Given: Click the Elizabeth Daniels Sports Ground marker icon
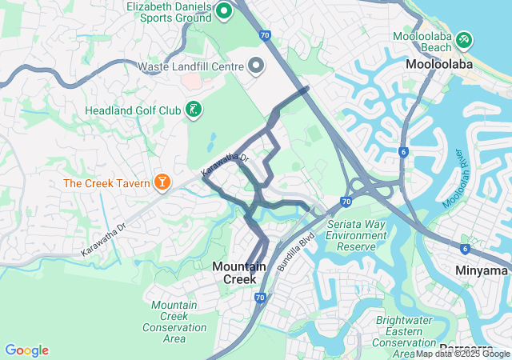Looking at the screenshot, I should click(223, 10).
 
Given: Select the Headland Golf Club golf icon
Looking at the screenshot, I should click(193, 110).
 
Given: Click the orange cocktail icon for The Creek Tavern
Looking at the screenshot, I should click(162, 183).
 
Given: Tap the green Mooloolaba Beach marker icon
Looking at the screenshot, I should click(465, 39).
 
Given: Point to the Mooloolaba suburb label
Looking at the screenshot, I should click(439, 64).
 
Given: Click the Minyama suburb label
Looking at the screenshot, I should click(482, 270).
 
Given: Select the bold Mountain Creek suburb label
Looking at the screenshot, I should click(234, 272).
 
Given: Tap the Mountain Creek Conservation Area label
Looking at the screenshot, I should click(179, 317).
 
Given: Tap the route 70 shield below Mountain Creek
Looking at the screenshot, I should click(260, 298).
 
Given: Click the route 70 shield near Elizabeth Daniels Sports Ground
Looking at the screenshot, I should click(264, 35).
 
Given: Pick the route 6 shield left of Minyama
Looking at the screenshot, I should click(465, 249).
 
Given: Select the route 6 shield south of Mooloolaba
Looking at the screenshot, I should click(404, 151).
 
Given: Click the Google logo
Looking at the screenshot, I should click(26, 350).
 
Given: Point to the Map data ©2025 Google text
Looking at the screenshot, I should click(462, 354).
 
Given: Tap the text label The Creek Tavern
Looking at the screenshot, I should click(107, 183).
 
